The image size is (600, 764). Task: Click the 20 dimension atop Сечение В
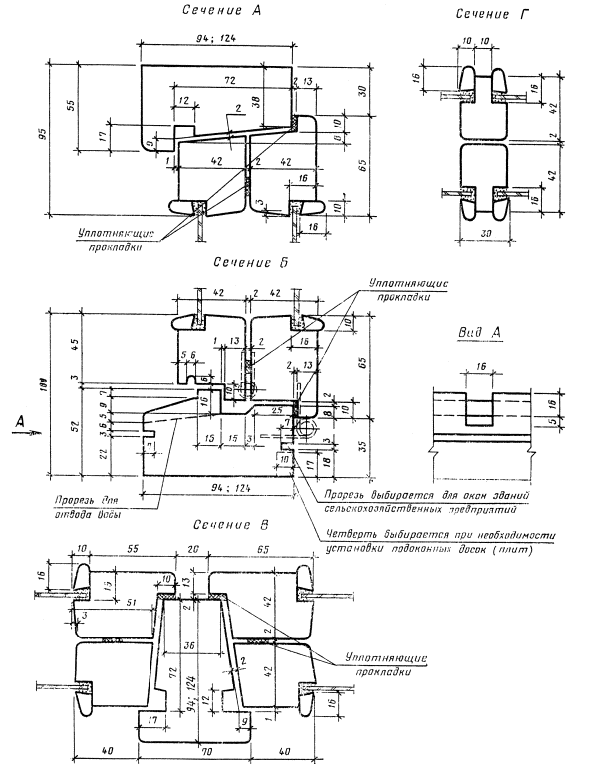tap(194, 548)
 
